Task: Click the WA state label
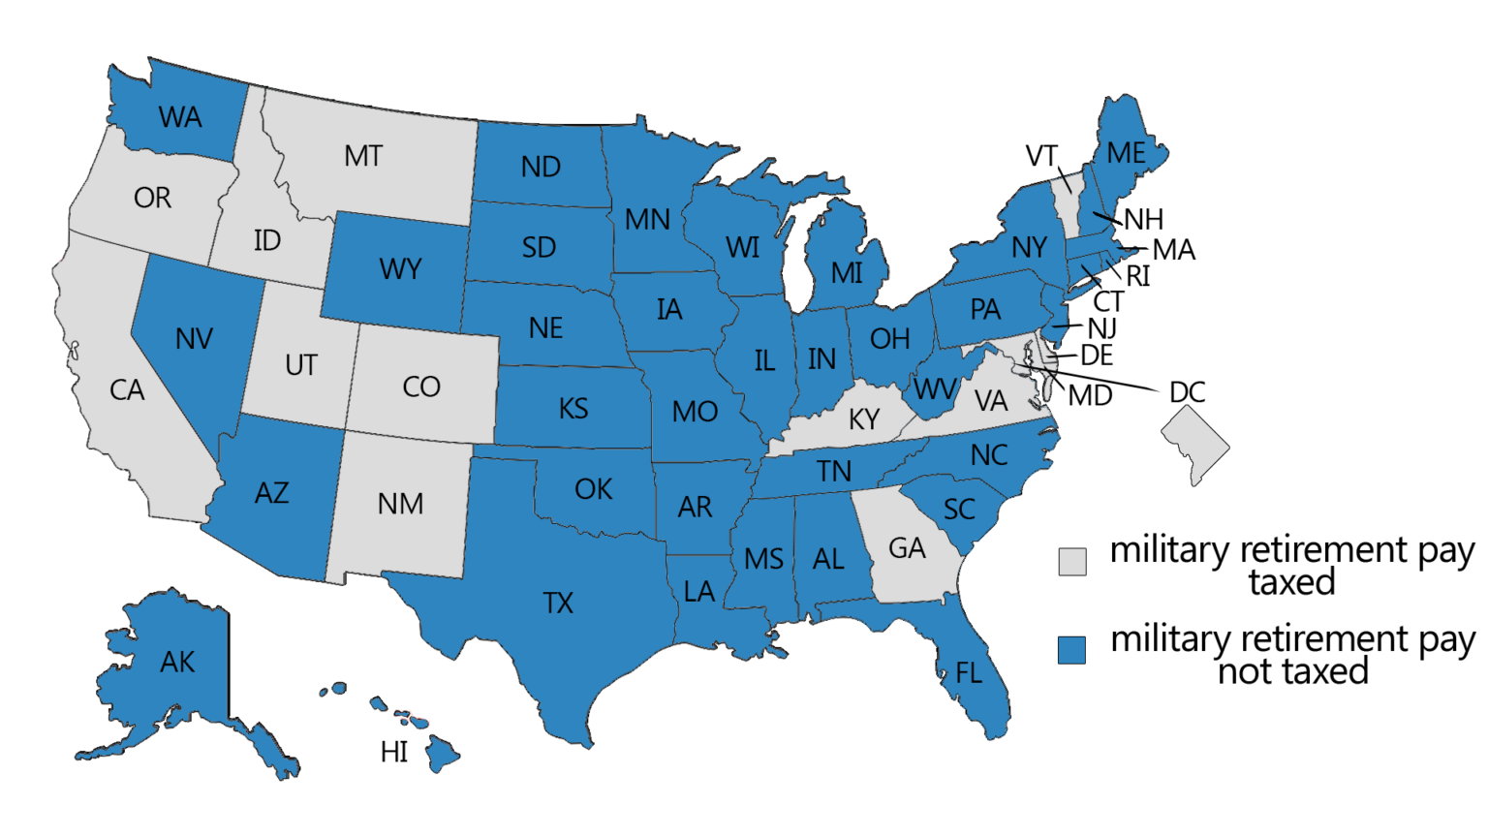click(x=180, y=118)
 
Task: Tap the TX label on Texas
click(x=558, y=604)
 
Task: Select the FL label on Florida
click(x=969, y=673)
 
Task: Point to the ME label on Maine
click(x=1126, y=153)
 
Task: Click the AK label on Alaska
click(x=177, y=663)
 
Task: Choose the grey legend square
click(x=1072, y=562)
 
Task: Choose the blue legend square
click(x=1072, y=650)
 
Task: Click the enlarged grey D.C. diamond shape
click(x=1195, y=443)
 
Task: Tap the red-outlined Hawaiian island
click(x=413, y=719)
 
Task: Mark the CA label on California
click(x=127, y=390)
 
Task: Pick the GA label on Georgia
click(x=907, y=548)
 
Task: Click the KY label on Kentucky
click(x=864, y=419)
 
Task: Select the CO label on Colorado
click(x=421, y=387)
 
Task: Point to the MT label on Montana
click(x=363, y=156)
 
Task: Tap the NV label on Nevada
click(x=195, y=339)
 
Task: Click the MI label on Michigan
click(x=847, y=273)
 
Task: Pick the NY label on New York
click(x=1029, y=248)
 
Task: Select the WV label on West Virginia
click(x=935, y=389)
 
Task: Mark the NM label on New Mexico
click(x=400, y=504)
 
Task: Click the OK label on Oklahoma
click(x=593, y=489)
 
